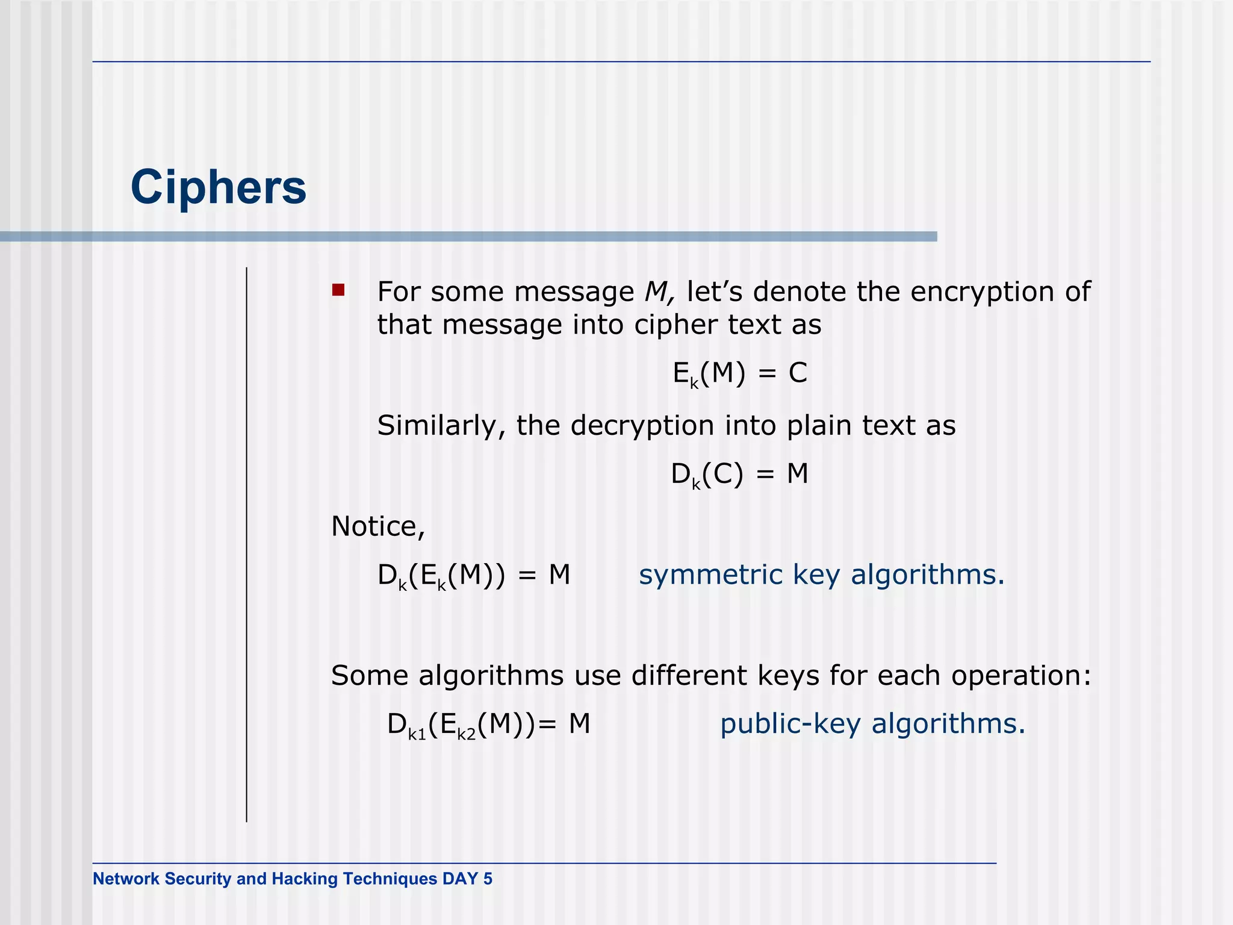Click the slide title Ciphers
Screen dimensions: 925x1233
click(219, 187)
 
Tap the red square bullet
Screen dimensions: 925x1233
click(338, 291)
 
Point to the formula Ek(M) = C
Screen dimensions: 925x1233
click(740, 374)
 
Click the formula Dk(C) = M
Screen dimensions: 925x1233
click(740, 475)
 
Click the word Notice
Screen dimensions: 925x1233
click(377, 527)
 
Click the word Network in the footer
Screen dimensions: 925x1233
click(126, 879)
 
